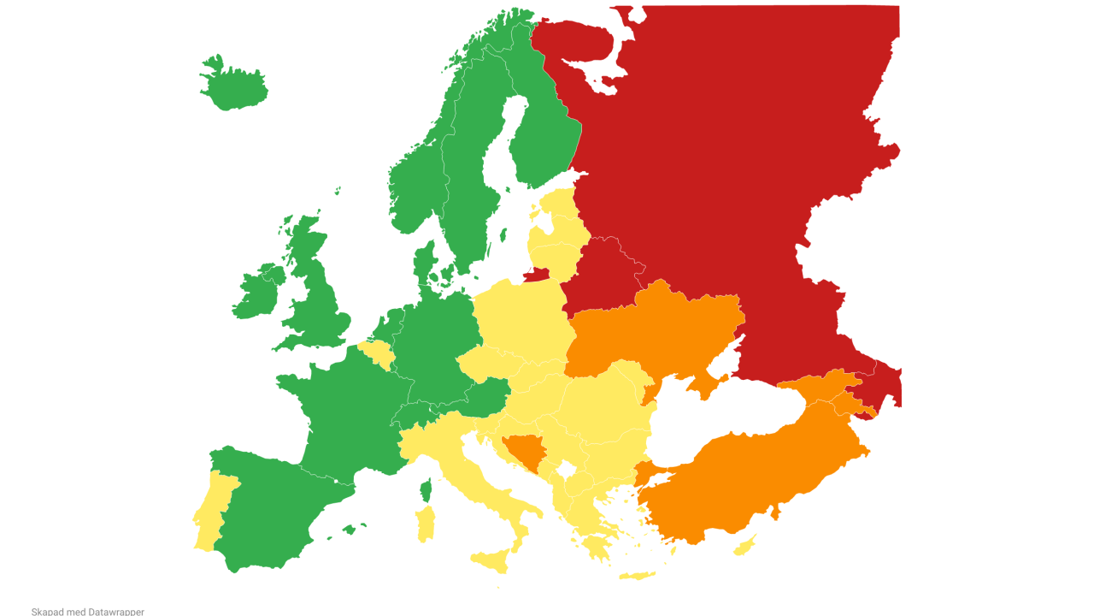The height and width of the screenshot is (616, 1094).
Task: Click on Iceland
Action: tap(232, 86)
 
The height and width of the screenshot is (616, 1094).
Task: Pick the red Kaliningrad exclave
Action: tap(536, 275)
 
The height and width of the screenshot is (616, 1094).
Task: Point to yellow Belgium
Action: tap(375, 350)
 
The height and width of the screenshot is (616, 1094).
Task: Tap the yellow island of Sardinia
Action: tap(425, 524)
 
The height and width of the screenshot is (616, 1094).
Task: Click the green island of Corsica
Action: tap(425, 490)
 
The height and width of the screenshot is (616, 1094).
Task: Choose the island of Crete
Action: tap(637, 575)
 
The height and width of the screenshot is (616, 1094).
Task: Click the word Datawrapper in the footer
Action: tap(116, 612)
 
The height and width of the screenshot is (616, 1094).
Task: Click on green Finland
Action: tap(547, 128)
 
